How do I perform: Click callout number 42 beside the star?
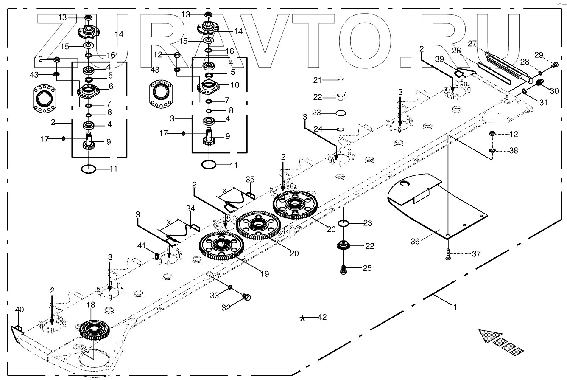coord(322,317)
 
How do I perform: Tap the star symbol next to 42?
coord(302,318)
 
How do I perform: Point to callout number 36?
coord(416,241)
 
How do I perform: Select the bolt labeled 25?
coord(344,268)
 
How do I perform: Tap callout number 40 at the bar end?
coord(20,310)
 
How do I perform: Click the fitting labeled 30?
coord(540,82)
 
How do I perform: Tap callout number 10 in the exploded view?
coord(235,85)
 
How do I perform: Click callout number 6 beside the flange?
coord(111,86)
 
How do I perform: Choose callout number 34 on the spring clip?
coord(190,208)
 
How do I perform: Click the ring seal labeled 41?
coord(156,256)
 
